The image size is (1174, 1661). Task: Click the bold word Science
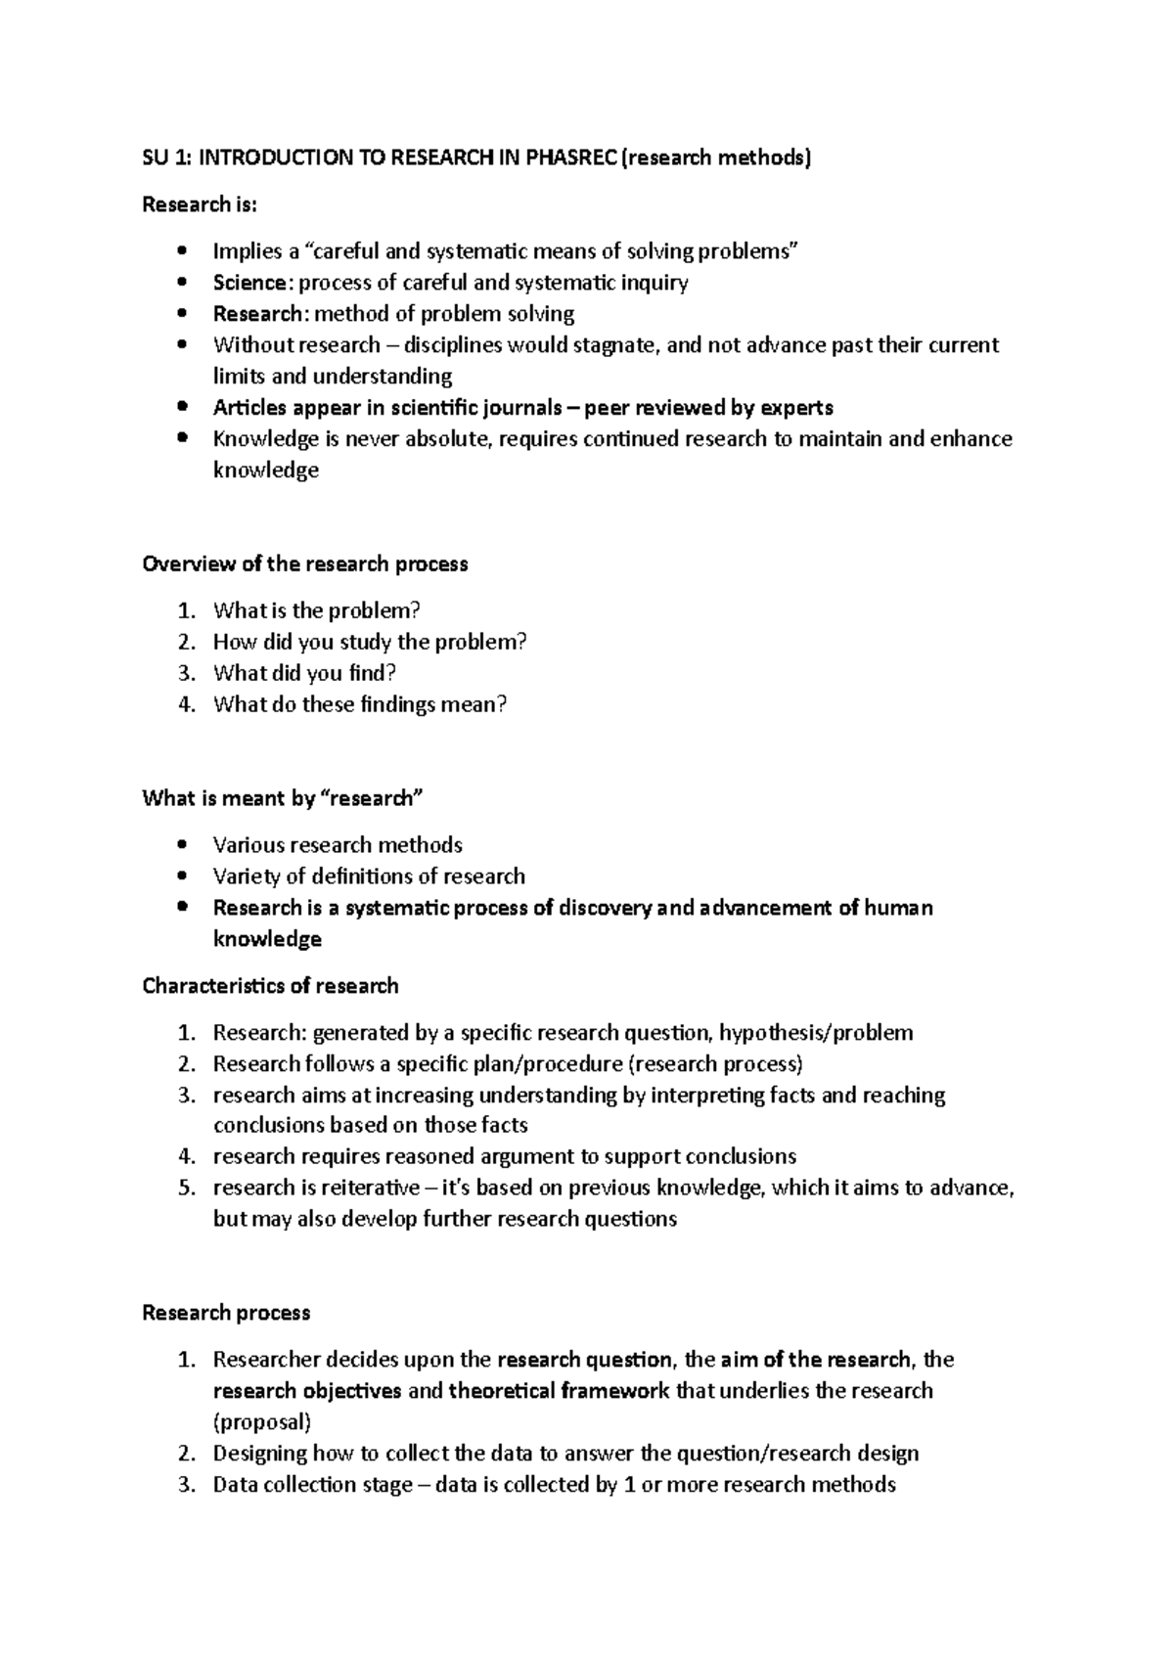pyautogui.click(x=250, y=283)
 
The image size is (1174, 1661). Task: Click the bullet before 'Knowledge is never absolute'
pyautogui.click(x=182, y=439)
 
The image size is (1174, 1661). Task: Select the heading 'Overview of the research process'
pyautogui.click(x=304, y=564)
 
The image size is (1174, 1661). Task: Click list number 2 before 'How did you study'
pyautogui.click(x=186, y=643)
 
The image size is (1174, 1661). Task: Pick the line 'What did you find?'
pyautogui.click(x=304, y=674)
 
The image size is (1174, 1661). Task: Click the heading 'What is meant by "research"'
pyautogui.click(x=283, y=799)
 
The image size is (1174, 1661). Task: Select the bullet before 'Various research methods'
pyautogui.click(x=182, y=845)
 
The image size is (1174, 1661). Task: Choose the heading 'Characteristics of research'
pyautogui.click(x=270, y=986)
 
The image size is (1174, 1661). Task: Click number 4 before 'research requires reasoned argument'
pyautogui.click(x=186, y=1157)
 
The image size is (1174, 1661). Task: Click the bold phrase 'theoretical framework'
pyautogui.click(x=559, y=1391)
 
